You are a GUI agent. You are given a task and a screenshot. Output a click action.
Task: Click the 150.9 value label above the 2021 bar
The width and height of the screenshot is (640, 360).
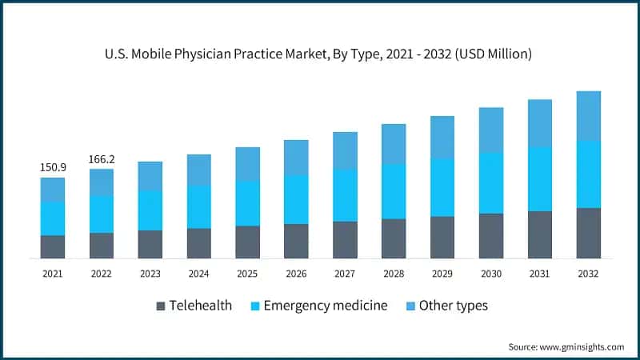(53, 167)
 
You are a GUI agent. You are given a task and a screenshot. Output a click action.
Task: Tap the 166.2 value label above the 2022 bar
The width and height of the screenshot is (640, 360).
(101, 159)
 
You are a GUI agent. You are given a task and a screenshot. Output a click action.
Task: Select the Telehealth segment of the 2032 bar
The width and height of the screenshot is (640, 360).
(589, 233)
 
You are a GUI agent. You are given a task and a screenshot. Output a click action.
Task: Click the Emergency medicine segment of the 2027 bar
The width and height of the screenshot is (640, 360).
(345, 195)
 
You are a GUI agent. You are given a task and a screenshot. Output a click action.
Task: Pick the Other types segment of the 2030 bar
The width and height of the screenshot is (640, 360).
(491, 130)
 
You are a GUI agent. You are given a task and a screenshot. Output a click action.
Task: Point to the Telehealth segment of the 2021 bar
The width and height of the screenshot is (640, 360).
(53, 246)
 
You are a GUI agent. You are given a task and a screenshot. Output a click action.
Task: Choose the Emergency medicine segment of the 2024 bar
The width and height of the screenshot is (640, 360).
(199, 206)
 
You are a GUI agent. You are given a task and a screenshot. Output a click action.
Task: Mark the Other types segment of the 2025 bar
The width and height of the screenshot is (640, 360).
(247, 164)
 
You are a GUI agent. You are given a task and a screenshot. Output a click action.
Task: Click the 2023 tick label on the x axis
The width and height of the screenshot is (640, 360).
(150, 274)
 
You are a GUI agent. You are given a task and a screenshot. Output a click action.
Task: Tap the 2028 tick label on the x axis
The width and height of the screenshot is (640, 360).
(394, 274)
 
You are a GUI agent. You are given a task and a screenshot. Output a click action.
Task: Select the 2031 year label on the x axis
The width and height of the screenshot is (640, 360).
(540, 274)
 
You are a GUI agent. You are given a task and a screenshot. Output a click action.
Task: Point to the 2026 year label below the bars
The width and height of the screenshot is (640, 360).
(296, 274)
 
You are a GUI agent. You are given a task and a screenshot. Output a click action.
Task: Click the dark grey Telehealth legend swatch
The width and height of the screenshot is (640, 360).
(161, 306)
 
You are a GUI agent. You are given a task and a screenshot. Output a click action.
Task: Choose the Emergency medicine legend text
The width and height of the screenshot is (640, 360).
(326, 306)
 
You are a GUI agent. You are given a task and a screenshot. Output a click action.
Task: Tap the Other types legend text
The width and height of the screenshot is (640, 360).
(454, 306)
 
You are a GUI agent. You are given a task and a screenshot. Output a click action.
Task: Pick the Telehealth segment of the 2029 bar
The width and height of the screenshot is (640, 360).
(442, 237)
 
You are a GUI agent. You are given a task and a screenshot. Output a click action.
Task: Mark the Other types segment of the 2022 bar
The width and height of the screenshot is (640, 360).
(101, 182)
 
